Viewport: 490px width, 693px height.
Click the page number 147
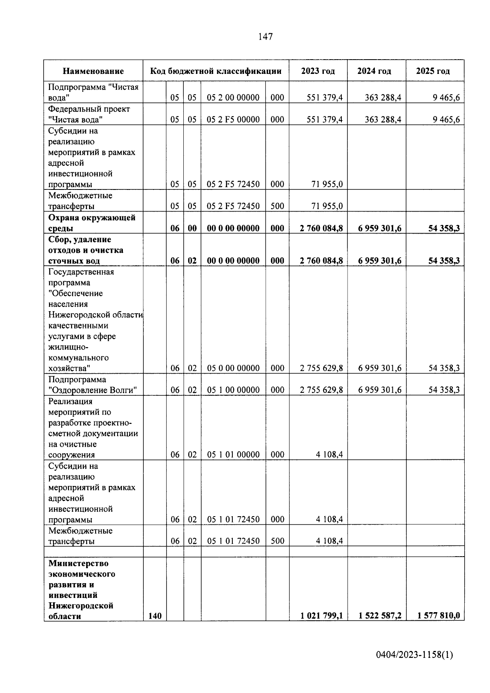265,37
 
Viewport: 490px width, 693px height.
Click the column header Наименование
93,71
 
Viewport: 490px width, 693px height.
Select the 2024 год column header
374,71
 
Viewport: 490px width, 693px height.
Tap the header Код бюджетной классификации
216,71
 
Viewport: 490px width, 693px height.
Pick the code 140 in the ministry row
155,616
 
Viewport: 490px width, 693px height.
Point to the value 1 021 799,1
321,615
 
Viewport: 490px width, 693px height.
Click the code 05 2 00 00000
233,98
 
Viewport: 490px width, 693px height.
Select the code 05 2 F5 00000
233,119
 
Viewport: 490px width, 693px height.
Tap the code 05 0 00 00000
233,368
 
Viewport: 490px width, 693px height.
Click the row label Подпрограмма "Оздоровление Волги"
92,385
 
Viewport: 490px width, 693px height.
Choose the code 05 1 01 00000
233,455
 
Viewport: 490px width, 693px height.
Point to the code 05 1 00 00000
233,390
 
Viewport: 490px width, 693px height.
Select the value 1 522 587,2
380,615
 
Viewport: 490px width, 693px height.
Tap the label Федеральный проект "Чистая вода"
89,114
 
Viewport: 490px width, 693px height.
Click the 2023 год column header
318,71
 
